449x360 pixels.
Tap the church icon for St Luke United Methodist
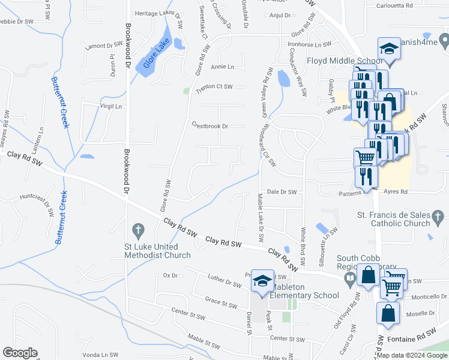point(137,230)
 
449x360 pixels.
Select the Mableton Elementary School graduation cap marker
point(262,281)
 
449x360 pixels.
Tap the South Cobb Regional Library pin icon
point(349,278)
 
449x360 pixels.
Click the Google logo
point(20,353)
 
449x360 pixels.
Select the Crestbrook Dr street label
point(210,126)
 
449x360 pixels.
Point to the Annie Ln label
point(222,67)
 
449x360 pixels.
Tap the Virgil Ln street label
point(110,105)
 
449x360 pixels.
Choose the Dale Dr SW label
point(282,192)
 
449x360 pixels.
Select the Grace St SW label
point(221,304)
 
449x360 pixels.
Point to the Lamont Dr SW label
point(104,46)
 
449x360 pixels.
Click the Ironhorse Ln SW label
point(309,44)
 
